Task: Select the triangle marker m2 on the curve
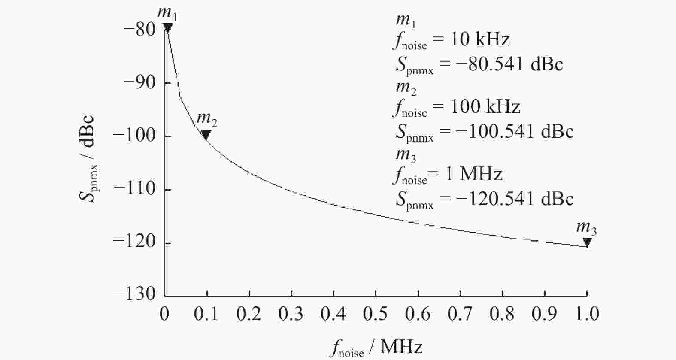tap(206, 135)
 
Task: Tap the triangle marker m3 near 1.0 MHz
tap(587, 242)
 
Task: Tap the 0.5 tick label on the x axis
tap(376, 314)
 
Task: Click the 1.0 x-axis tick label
tap(587, 314)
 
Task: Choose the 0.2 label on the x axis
tap(249, 314)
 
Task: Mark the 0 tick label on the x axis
tap(164, 314)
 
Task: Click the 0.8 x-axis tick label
tap(502, 314)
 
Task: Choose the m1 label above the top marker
tap(167, 13)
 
